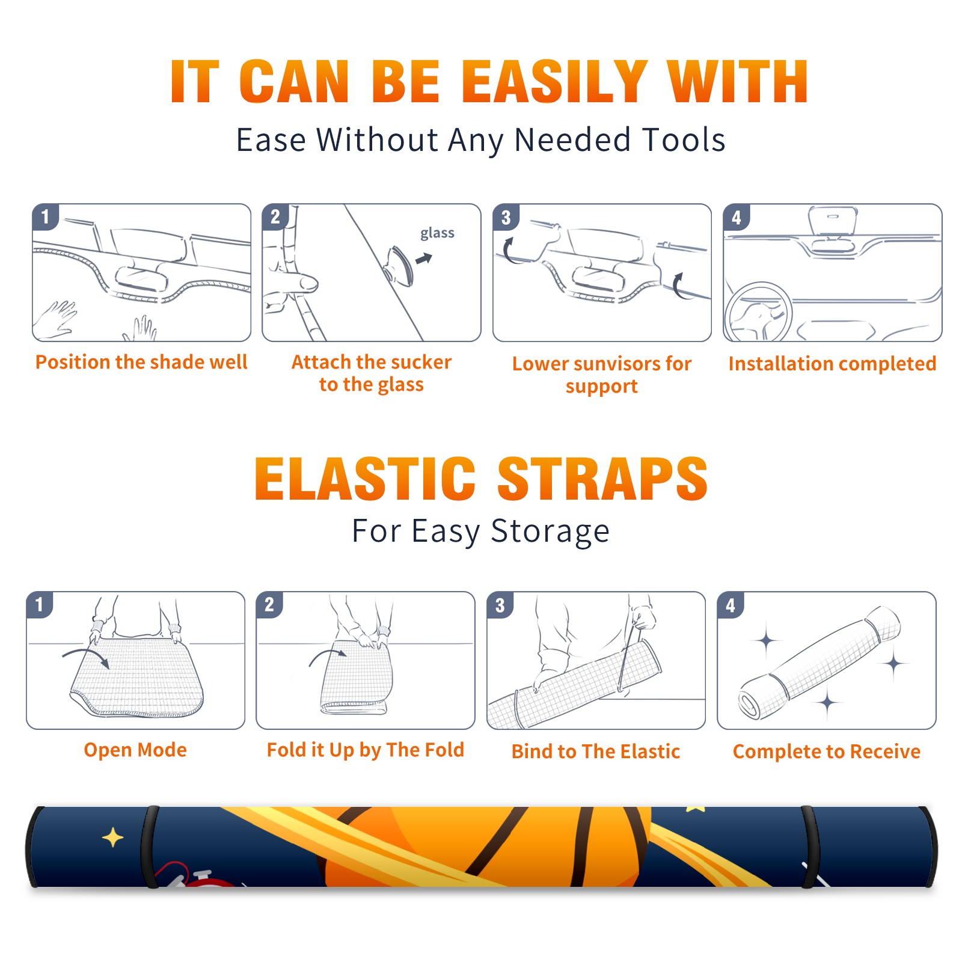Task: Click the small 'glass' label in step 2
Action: point(437,233)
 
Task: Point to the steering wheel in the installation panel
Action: point(758,311)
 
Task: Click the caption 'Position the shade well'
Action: point(141,362)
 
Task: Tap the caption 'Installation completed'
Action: point(832,363)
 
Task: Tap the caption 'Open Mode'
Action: point(135,750)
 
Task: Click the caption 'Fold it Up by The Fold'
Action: point(366,750)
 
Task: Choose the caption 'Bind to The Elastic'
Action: point(596,752)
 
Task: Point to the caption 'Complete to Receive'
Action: point(827,752)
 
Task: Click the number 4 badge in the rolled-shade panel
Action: point(731,605)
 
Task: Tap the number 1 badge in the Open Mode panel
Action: point(40,605)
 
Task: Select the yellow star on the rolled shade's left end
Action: point(112,838)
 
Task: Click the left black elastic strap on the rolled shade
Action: point(150,847)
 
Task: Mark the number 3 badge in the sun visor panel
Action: point(506,218)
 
